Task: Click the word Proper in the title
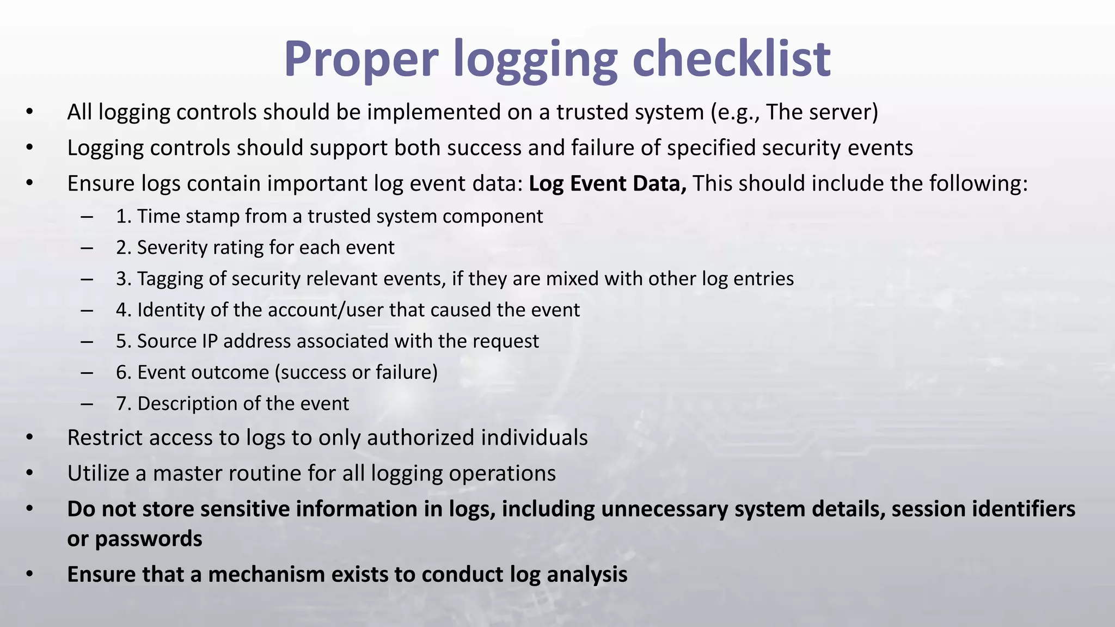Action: tap(361, 59)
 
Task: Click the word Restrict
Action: tap(106, 438)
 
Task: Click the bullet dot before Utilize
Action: tap(29, 474)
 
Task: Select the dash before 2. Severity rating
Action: tap(86, 248)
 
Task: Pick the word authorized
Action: tap(420, 438)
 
